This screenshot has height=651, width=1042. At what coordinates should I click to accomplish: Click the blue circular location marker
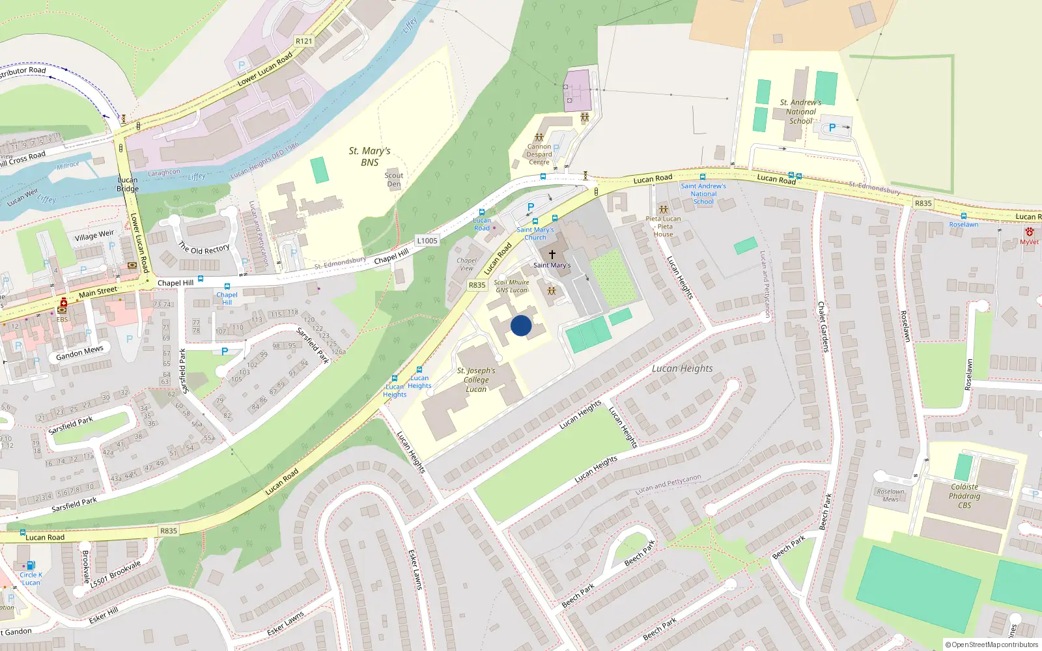pyautogui.click(x=521, y=325)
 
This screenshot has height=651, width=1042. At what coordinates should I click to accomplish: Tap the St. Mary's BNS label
pyautogui.click(x=369, y=156)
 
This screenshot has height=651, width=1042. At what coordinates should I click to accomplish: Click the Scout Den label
pyautogui.click(x=393, y=180)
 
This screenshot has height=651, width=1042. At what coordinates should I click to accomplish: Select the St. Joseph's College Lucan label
pyautogui.click(x=476, y=380)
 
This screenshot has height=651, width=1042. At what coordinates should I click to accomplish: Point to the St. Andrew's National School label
pyautogui.click(x=800, y=111)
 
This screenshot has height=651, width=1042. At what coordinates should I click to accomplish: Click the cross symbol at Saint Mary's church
pyautogui.click(x=552, y=254)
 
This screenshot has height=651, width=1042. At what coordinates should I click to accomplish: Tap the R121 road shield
pyautogui.click(x=303, y=41)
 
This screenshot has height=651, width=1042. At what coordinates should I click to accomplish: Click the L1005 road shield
pyautogui.click(x=427, y=241)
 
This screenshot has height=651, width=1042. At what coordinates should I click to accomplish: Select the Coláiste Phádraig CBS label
pyautogui.click(x=965, y=496)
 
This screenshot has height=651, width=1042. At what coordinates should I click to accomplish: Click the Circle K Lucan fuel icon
pyautogui.click(x=30, y=566)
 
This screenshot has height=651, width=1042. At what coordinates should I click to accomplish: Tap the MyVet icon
pyautogui.click(x=1029, y=232)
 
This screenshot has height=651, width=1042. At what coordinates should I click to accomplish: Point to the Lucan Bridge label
pyautogui.click(x=128, y=184)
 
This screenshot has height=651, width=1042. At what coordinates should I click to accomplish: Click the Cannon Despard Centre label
pyautogui.click(x=539, y=154)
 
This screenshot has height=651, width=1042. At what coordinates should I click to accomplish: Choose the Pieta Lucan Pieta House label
pyautogui.click(x=663, y=227)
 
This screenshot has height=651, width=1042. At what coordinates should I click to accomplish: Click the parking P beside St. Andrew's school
pyautogui.click(x=832, y=128)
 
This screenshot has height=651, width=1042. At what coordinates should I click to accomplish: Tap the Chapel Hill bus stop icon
pyautogui.click(x=227, y=286)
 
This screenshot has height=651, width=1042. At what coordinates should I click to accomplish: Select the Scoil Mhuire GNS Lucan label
pyautogui.click(x=511, y=286)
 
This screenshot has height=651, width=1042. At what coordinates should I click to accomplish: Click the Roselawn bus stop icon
pyautogui.click(x=963, y=216)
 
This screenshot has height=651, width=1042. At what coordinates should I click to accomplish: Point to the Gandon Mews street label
pyautogui.click(x=79, y=353)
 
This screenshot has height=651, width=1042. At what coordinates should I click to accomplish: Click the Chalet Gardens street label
pyautogui.click(x=824, y=326)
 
